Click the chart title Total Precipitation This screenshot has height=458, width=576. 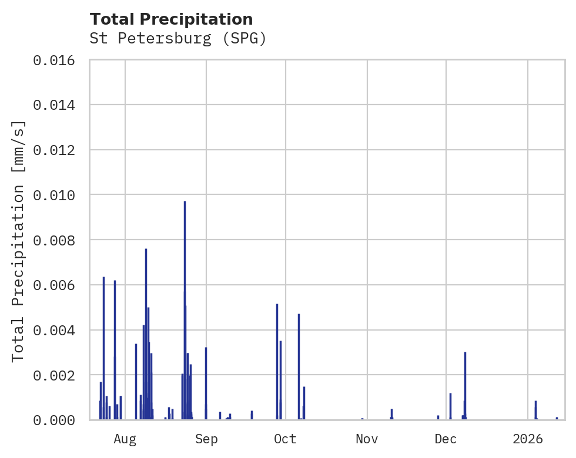(x=171, y=19)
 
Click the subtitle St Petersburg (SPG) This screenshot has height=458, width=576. (x=178, y=39)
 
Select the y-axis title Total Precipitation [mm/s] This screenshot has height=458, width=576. (x=18, y=240)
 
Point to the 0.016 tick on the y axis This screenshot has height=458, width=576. (x=58, y=60)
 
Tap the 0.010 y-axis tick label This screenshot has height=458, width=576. (x=58, y=195)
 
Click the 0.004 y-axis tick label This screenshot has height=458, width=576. (x=58, y=330)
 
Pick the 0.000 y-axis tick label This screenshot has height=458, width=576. (x=58, y=420)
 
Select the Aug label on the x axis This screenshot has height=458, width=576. (x=125, y=439)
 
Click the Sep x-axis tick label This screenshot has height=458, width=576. (x=206, y=439)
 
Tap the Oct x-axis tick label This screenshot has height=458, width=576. (x=285, y=439)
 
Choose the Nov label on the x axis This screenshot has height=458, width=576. (x=366, y=439)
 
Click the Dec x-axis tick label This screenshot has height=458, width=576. (x=446, y=439)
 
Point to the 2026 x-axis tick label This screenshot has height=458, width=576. (x=527, y=439)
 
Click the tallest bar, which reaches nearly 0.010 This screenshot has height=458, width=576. (x=185, y=311)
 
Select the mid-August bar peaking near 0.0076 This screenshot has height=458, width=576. (x=146, y=335)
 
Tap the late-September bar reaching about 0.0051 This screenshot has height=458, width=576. (x=277, y=361)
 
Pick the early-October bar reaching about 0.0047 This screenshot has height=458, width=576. (x=299, y=367)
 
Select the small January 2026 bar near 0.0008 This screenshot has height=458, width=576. (x=535, y=410)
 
